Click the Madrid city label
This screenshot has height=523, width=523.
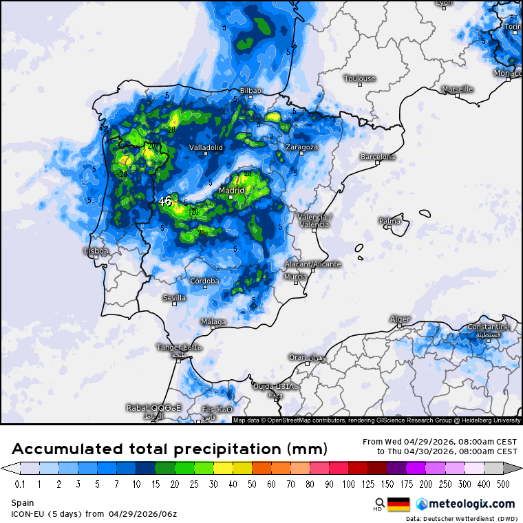point(232,190)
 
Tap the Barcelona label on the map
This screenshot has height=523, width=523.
point(378,157)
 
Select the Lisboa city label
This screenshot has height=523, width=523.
point(96,251)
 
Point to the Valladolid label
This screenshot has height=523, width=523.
point(206,147)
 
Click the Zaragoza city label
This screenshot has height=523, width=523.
point(301,147)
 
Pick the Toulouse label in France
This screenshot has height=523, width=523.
point(360,78)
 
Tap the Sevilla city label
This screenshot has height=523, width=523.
point(174,298)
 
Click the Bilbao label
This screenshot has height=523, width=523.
point(250,91)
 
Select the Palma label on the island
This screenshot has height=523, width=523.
point(389,221)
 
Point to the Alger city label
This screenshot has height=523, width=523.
point(400,319)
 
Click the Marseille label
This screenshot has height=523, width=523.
point(458,89)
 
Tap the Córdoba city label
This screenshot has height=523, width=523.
point(204,281)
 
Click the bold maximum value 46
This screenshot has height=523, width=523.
point(165,202)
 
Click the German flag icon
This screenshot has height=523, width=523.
point(398,504)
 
